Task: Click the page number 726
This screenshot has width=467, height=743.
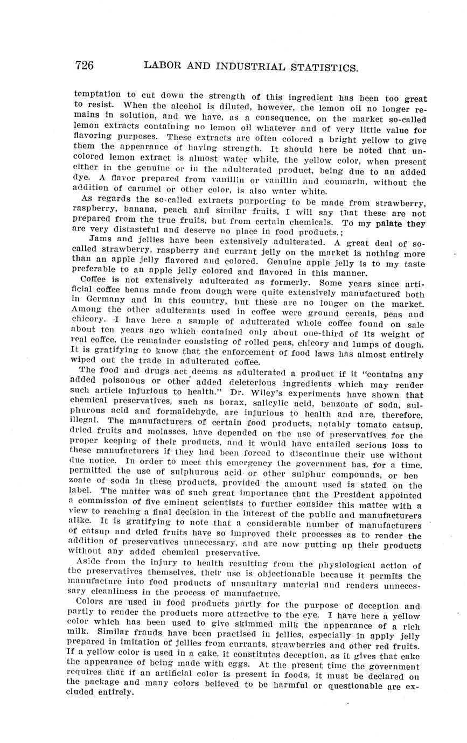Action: (x=85, y=66)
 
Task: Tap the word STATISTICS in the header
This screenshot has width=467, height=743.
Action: (x=320, y=68)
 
